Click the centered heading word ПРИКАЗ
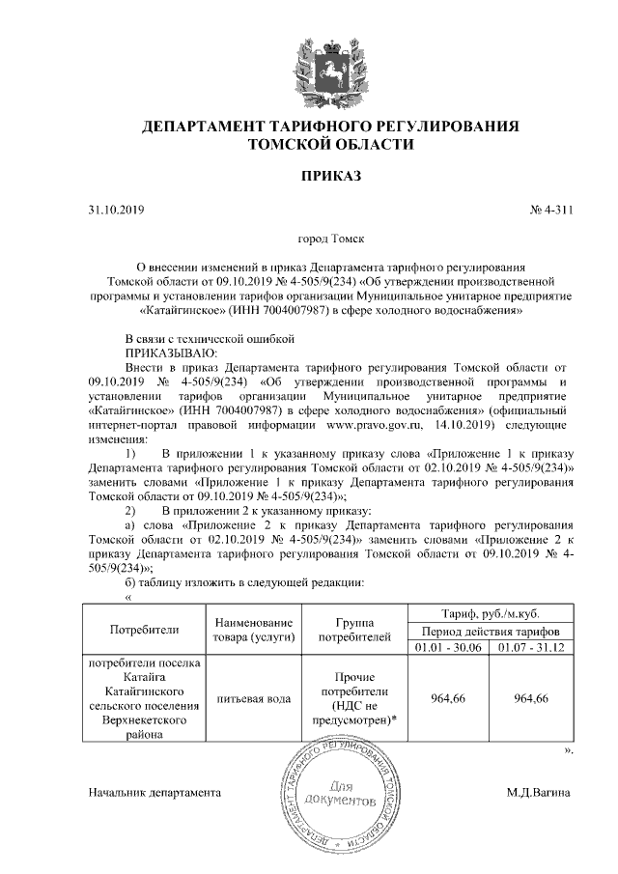click(x=331, y=176)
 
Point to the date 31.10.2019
click(x=115, y=210)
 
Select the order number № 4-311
click(x=552, y=210)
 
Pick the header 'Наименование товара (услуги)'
click(x=253, y=629)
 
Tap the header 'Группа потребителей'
click(x=354, y=629)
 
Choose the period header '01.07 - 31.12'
click(x=531, y=645)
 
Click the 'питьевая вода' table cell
click(x=253, y=698)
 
